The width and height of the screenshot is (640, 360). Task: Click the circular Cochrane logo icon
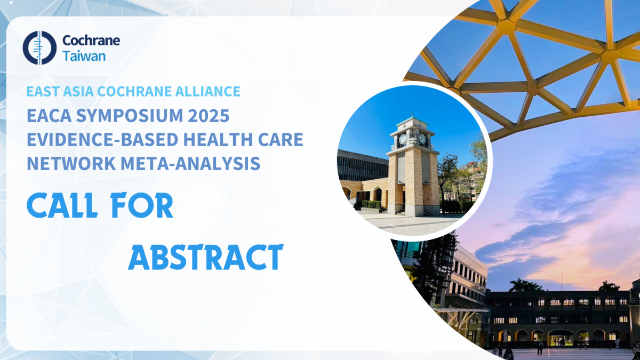pyautogui.click(x=39, y=47)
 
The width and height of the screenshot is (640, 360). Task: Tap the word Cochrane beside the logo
pyautogui.click(x=91, y=41)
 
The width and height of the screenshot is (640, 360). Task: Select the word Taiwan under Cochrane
pyautogui.click(x=84, y=56)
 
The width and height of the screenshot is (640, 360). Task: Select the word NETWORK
pyautogui.click(x=71, y=163)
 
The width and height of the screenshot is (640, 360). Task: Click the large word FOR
pyautogui.click(x=142, y=205)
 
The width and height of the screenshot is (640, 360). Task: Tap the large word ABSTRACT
pyautogui.click(x=206, y=257)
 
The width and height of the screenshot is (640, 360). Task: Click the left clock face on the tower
pyautogui.click(x=403, y=139)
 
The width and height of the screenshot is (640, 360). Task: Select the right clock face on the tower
pyautogui.click(x=422, y=139)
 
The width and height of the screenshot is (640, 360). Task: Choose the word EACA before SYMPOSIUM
pyautogui.click(x=49, y=115)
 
